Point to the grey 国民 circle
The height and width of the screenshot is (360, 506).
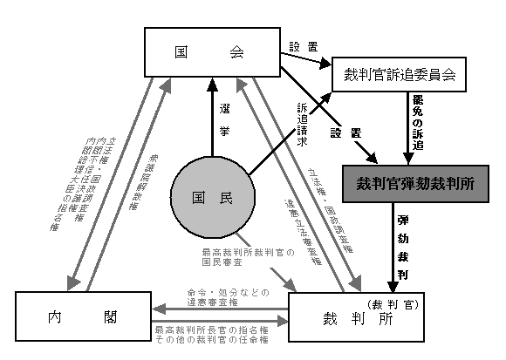(213, 197)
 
